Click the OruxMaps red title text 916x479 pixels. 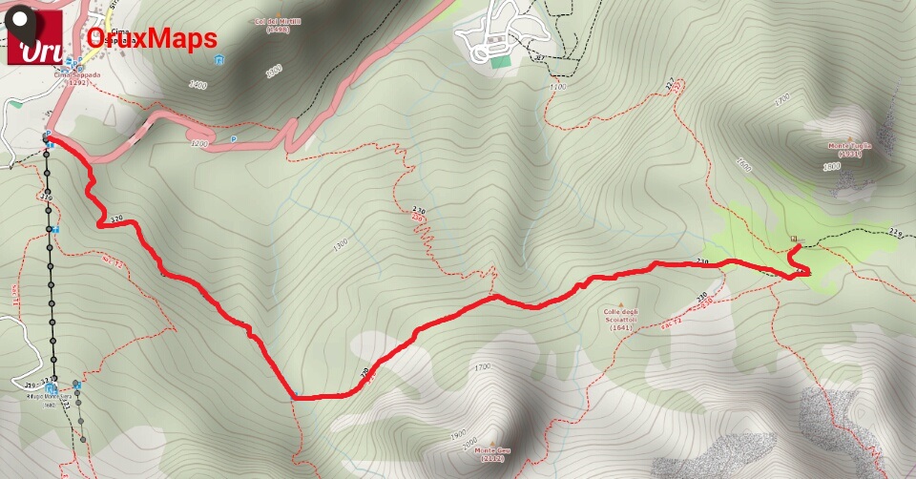[152, 38]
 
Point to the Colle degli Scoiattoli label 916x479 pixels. [619, 318]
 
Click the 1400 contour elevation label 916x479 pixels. [198, 86]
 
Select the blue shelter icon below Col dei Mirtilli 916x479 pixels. [220, 61]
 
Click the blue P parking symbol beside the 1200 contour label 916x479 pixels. [233, 139]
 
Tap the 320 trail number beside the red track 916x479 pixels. [116, 219]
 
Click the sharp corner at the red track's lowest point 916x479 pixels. [295, 396]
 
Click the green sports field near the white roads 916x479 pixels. [500, 61]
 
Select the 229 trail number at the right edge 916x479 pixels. [894, 233]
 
